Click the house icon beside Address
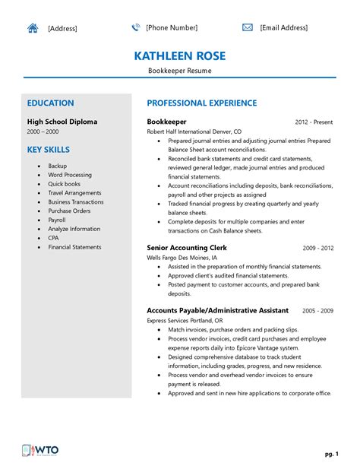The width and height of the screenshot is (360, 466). point(33,28)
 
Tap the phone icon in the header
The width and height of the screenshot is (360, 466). point(136,27)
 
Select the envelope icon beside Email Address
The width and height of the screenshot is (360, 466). point(248,27)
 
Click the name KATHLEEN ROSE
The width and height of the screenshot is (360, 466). point(180,56)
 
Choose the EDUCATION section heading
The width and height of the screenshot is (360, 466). point(50,103)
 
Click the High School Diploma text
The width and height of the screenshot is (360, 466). point(62,122)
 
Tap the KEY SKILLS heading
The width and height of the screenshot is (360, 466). point(49,150)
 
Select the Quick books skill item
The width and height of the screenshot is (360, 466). point(64,183)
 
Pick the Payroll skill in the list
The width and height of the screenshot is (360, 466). point(57,220)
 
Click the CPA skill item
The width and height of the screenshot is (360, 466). point(53,238)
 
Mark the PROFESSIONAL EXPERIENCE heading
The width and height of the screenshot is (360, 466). point(201,103)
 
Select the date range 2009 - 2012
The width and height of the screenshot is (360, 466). point(318,249)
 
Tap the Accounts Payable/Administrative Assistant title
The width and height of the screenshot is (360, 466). point(217,311)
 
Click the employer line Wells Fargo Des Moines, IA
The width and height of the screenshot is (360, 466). point(188,258)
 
